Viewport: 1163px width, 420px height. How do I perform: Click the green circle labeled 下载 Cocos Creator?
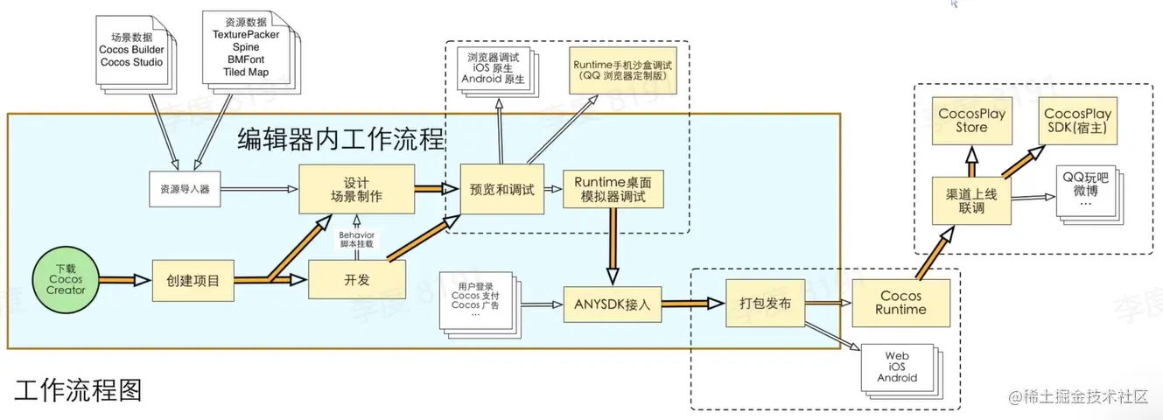point(66,279)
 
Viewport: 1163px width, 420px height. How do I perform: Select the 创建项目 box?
point(193,281)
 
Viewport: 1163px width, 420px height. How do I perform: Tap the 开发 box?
point(357,279)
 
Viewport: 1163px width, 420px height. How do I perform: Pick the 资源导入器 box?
point(184,187)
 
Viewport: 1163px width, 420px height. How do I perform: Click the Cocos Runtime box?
point(901,303)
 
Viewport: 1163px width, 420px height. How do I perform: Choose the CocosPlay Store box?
point(970,121)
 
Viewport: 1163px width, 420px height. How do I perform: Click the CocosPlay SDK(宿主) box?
point(1077,121)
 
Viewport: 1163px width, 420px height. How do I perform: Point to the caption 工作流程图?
point(78,389)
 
